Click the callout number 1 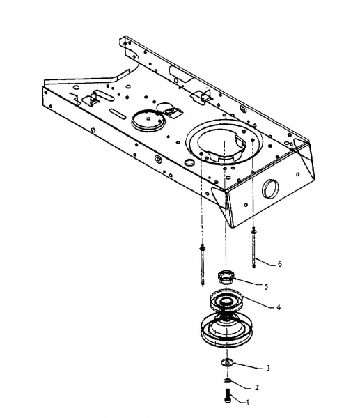[248, 403]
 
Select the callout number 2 [257, 387]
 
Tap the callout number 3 [268, 368]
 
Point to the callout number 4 [279, 307]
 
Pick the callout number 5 [266, 287]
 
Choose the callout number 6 [279, 263]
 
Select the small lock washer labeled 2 [227, 380]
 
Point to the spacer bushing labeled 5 [226, 277]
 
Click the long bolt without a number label [203, 265]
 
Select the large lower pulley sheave [226, 330]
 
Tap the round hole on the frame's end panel [270, 189]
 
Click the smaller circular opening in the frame [148, 121]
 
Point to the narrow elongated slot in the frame [117, 114]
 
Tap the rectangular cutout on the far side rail [181, 74]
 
